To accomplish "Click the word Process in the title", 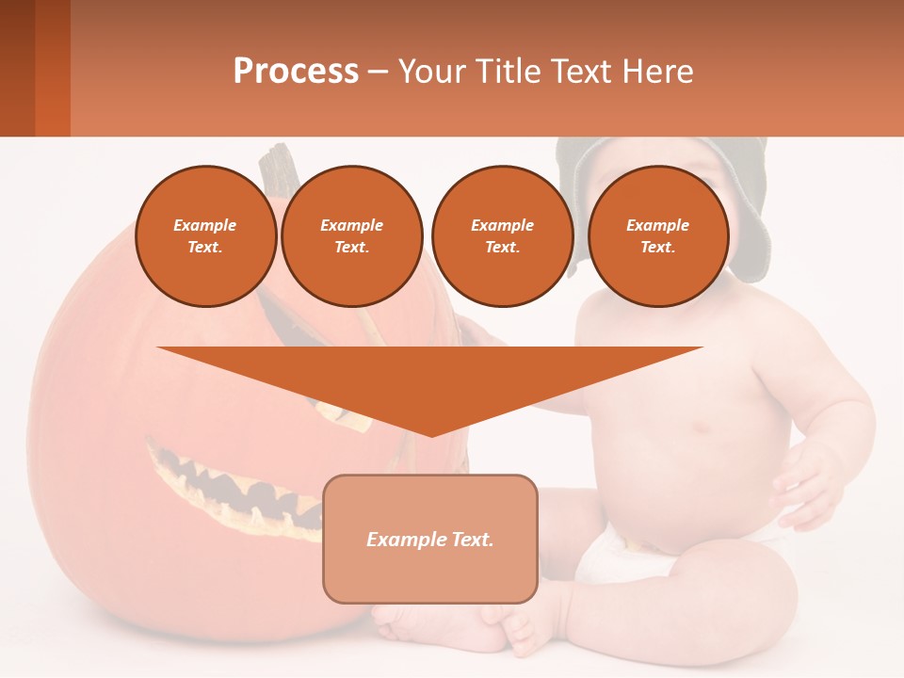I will click(x=296, y=72).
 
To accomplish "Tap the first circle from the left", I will click(x=205, y=236).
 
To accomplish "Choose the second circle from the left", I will click(x=351, y=236).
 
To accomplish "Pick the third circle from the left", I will click(x=502, y=236).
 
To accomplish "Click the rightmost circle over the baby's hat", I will click(x=657, y=236).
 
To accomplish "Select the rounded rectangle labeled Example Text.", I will click(x=429, y=539).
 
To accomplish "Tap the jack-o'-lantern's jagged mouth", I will click(x=235, y=490).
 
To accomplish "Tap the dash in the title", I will click(x=378, y=72).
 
